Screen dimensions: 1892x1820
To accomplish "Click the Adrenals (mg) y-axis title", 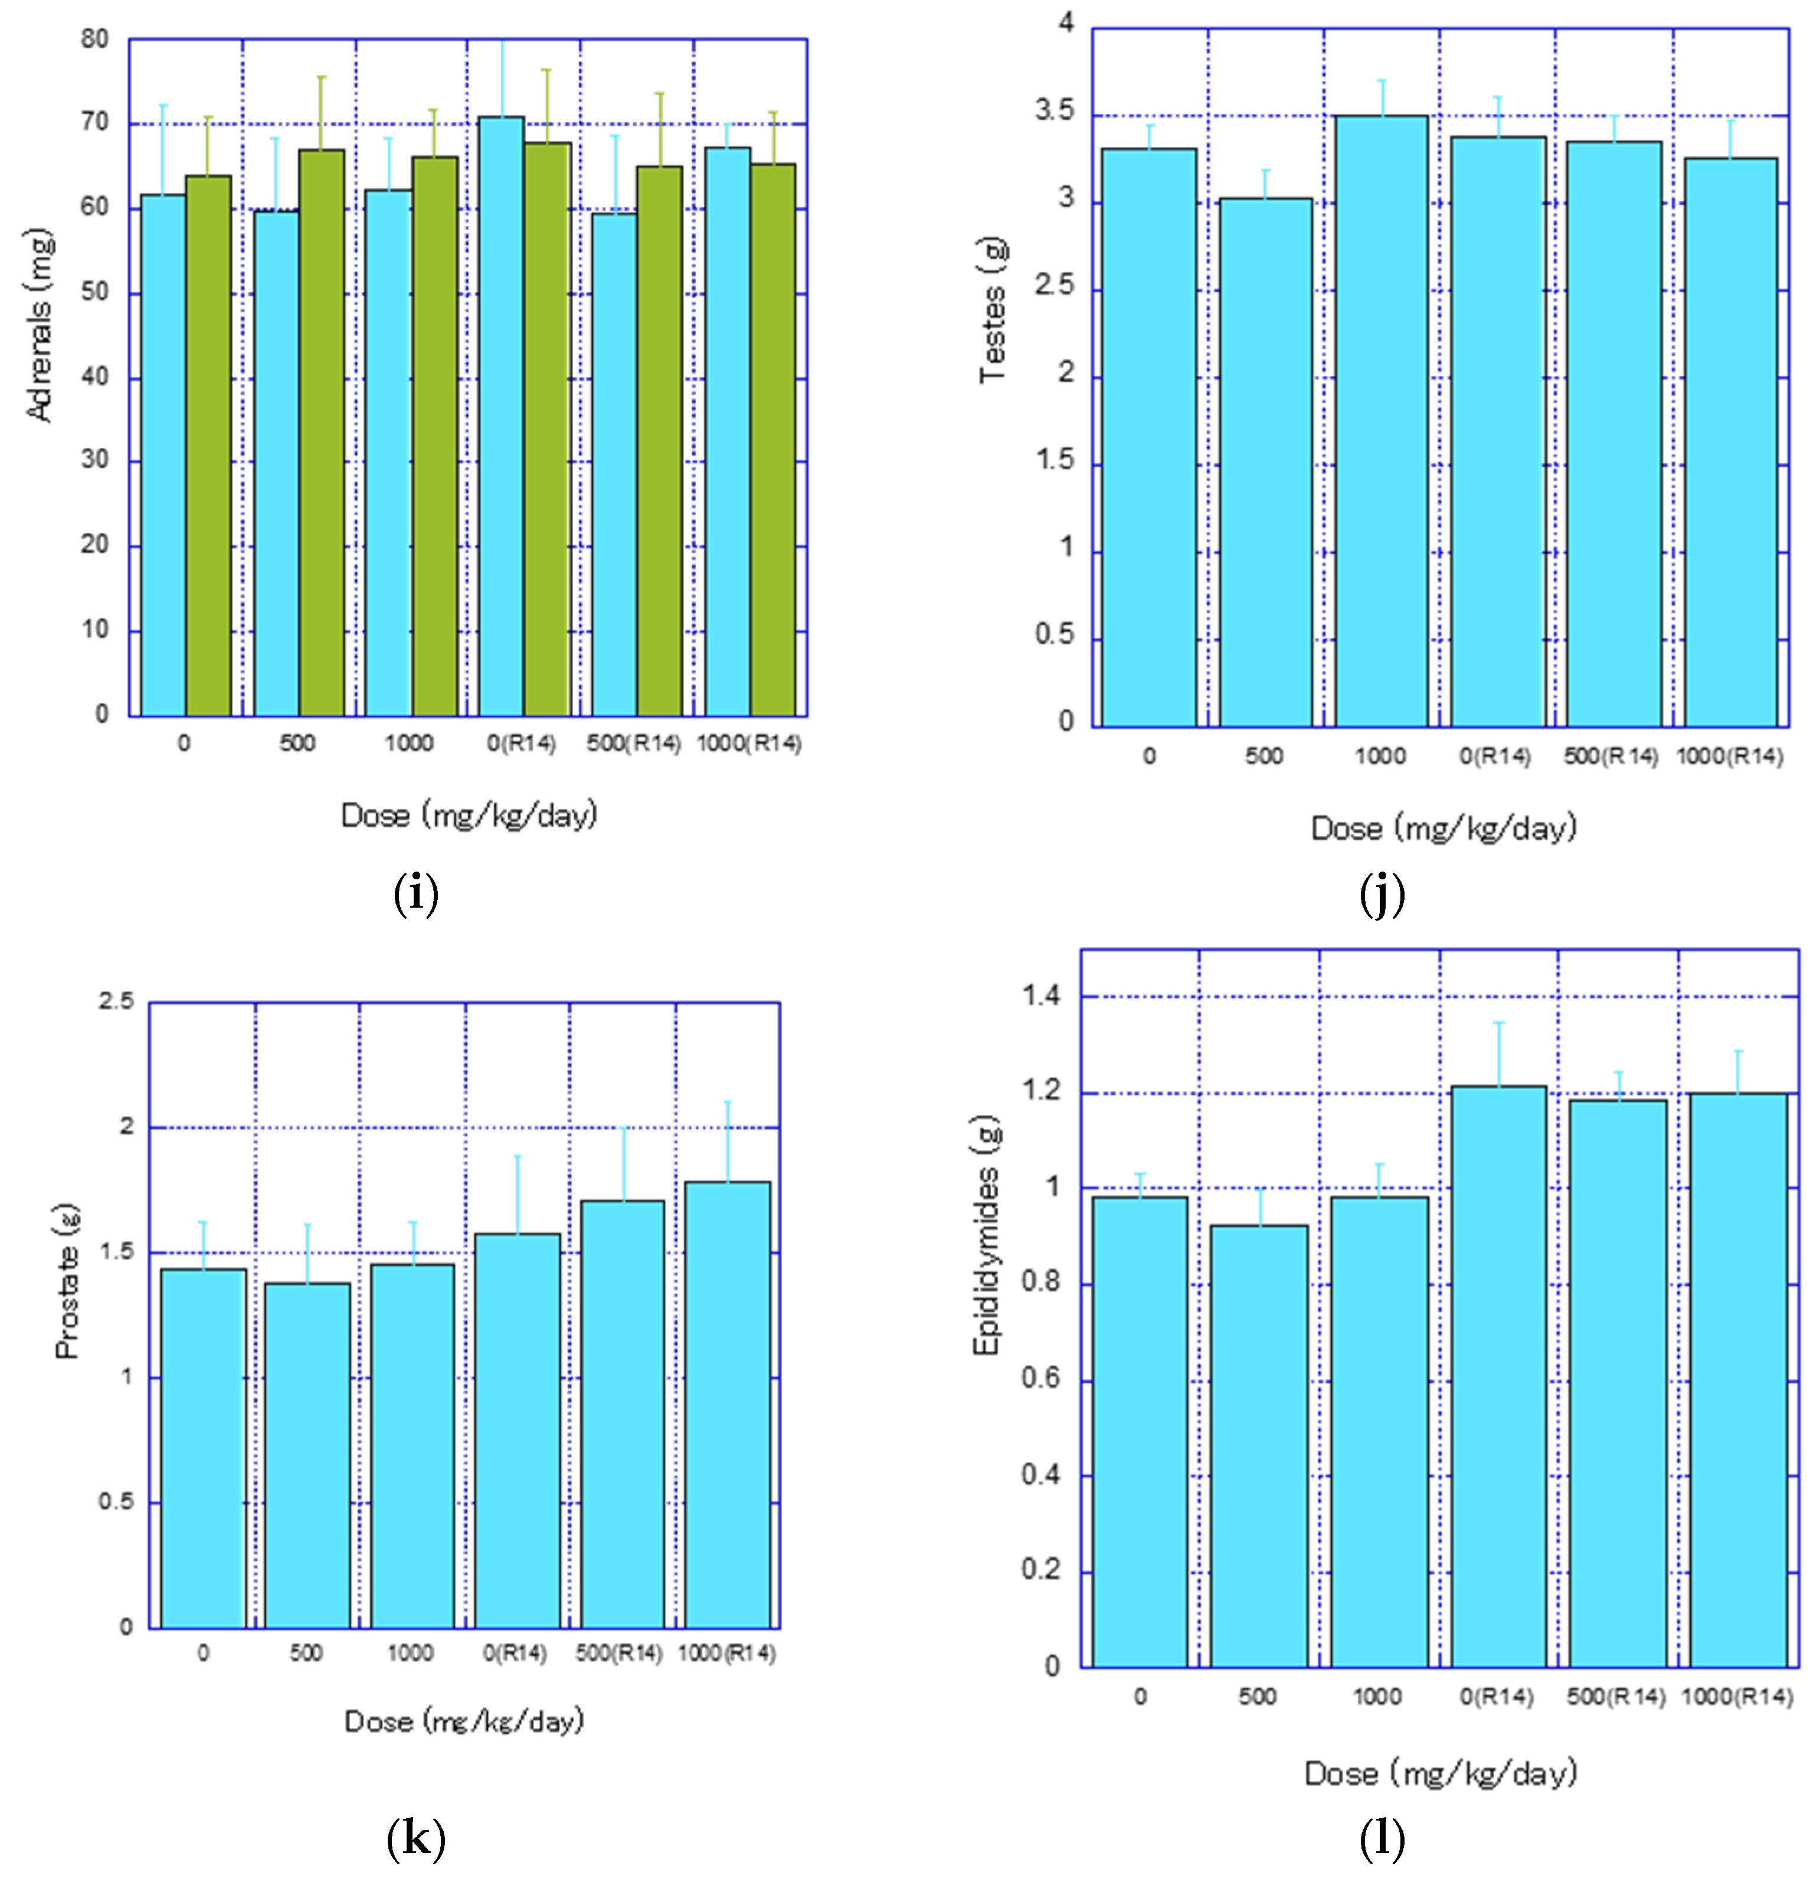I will pos(38,325).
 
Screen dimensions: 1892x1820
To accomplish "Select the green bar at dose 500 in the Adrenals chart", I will pos(322,434).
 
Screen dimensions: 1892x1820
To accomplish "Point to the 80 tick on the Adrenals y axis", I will pos(94,40).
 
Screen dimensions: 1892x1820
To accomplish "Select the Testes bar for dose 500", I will pos(1265,463).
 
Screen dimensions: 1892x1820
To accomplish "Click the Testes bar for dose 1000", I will pos(1381,425).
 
